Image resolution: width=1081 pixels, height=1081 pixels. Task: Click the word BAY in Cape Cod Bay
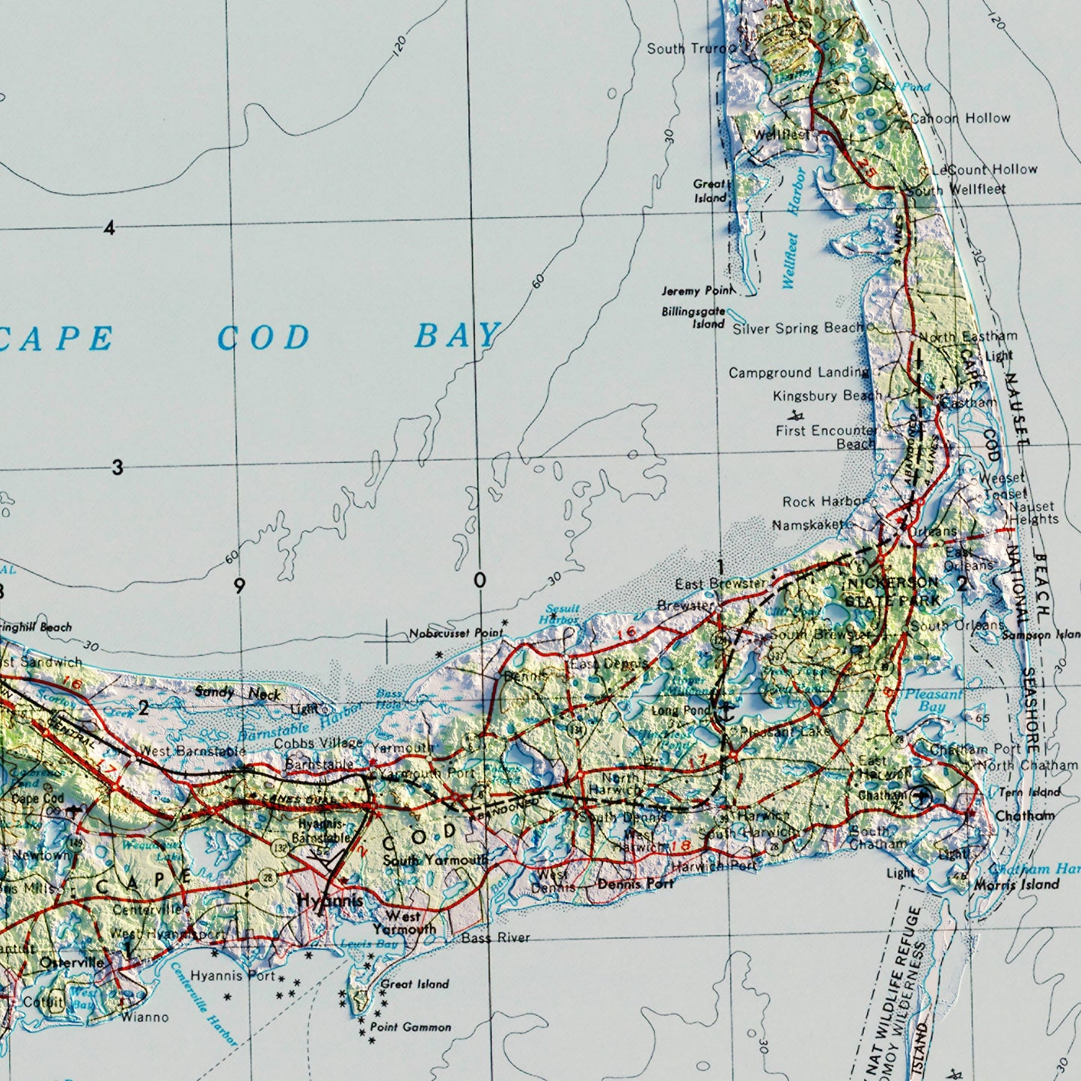[x=458, y=336]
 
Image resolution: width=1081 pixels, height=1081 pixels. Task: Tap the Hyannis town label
[x=329, y=901]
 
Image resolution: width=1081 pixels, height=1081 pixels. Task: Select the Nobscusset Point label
[x=456, y=634]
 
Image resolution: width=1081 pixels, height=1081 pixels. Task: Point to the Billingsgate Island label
[x=693, y=318]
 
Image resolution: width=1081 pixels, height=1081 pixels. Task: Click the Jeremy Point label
[x=696, y=290]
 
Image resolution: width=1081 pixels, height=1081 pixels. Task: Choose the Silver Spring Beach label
[x=798, y=328]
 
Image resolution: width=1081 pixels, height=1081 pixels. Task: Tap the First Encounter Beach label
[x=827, y=437]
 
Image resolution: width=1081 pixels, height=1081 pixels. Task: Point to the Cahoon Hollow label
[x=960, y=118]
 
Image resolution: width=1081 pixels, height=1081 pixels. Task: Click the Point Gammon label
[x=410, y=1027]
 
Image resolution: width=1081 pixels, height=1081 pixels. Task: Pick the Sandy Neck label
[x=237, y=693]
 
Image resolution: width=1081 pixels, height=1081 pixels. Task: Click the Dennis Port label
[x=635, y=884]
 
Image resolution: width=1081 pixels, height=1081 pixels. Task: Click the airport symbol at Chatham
[x=920, y=797]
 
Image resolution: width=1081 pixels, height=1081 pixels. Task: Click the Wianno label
[x=144, y=1017]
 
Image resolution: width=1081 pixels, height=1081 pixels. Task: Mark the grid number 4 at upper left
[x=110, y=228]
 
